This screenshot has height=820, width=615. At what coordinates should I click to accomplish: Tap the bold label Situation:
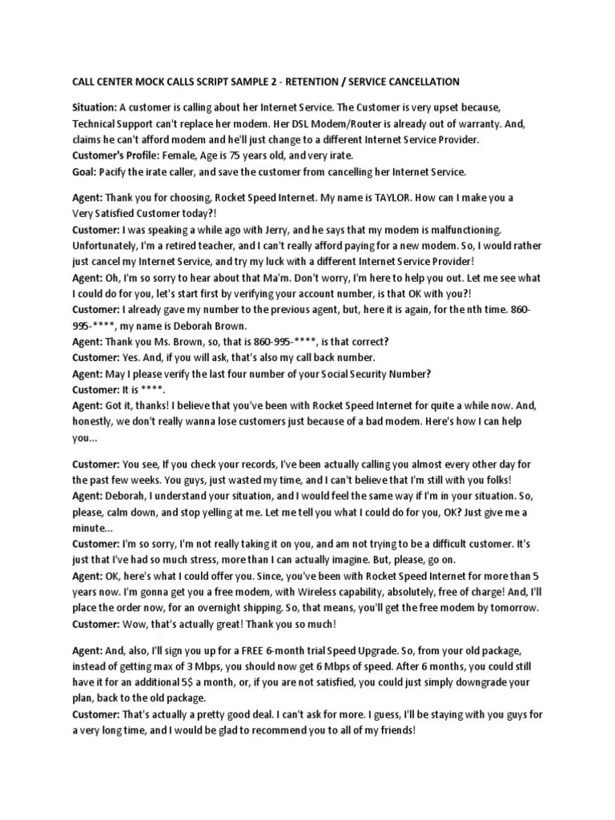pyautogui.click(x=94, y=107)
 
